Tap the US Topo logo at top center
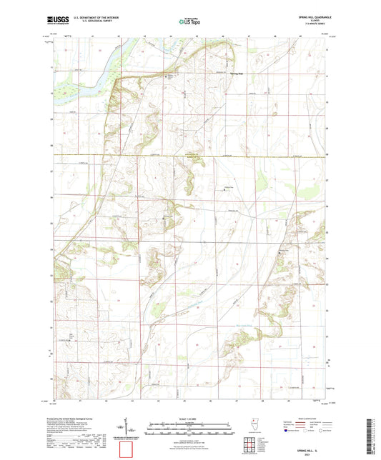185,22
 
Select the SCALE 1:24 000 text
189,419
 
